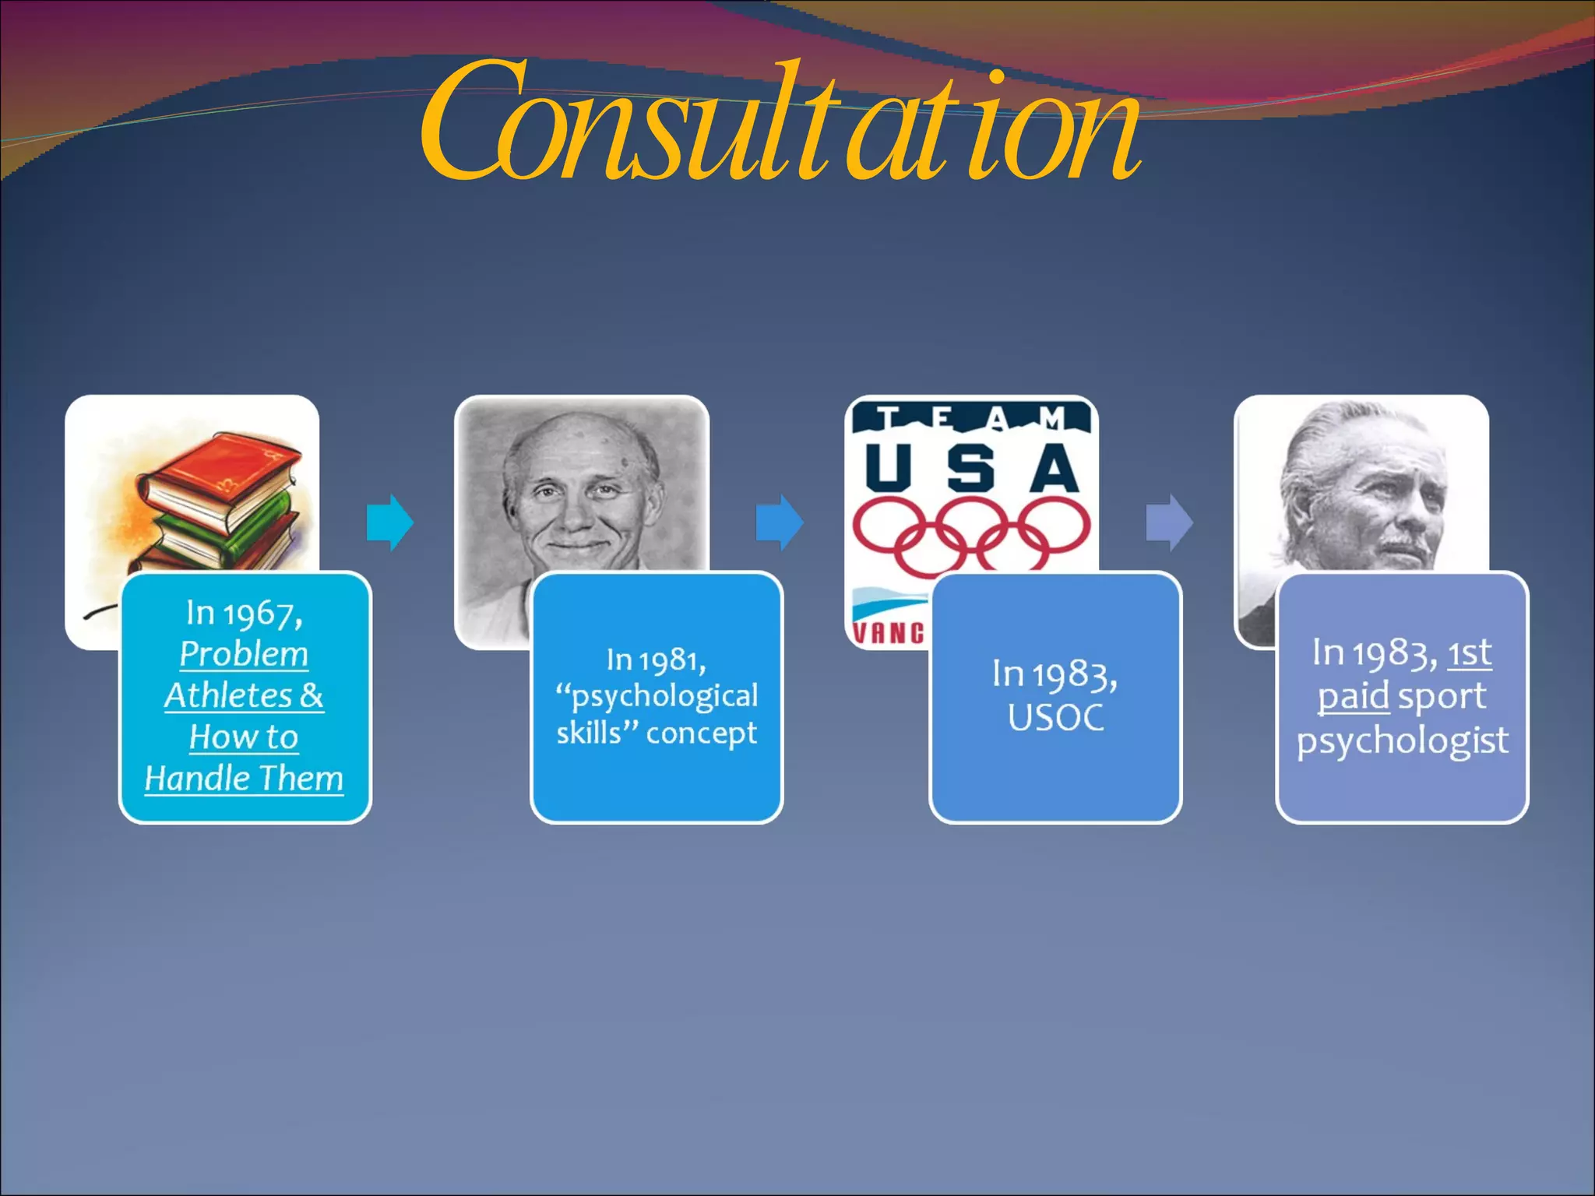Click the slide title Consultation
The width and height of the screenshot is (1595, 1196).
coord(779,125)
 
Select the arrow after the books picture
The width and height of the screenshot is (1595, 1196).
coord(389,522)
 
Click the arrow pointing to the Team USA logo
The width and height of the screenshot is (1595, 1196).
coord(779,522)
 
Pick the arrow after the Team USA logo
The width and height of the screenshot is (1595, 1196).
coord(1169,522)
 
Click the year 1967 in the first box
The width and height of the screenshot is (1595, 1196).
coord(261,614)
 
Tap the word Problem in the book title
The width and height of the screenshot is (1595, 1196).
coord(244,654)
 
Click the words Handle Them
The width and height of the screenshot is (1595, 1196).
coord(244,778)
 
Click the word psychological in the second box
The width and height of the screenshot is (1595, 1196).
coord(664,696)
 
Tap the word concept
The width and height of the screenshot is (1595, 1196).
coord(701,733)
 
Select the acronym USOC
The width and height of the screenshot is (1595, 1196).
coord(1055,717)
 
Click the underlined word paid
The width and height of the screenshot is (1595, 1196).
coord(1353,695)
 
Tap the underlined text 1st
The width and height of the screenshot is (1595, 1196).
coord(1470,653)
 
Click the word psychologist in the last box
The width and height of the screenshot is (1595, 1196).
coord(1402,740)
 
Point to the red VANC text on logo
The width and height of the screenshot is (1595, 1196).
coord(888,632)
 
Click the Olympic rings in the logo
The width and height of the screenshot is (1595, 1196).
coord(971,533)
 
